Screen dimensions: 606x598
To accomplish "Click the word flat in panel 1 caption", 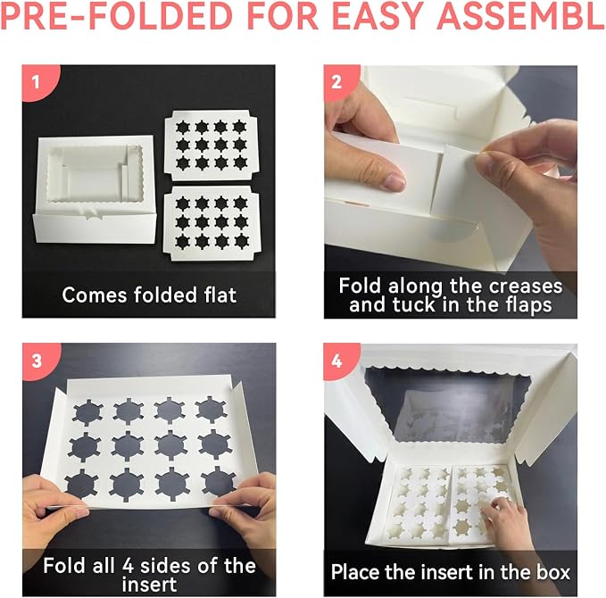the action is click(220, 295).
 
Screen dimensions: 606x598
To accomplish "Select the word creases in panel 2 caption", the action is click(525, 287).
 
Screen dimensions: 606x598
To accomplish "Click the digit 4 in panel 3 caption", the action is click(129, 566).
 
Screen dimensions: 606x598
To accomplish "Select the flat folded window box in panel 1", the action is click(95, 189).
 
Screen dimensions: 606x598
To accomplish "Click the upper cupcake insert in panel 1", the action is click(211, 145).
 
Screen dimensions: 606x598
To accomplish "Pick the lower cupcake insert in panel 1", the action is click(212, 223).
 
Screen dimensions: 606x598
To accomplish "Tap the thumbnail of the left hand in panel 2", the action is click(394, 182).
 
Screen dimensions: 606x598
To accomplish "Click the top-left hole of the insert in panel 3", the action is click(87, 412).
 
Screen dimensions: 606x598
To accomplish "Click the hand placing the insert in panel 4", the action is click(505, 520).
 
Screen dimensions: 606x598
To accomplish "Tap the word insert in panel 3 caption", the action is click(149, 584).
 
